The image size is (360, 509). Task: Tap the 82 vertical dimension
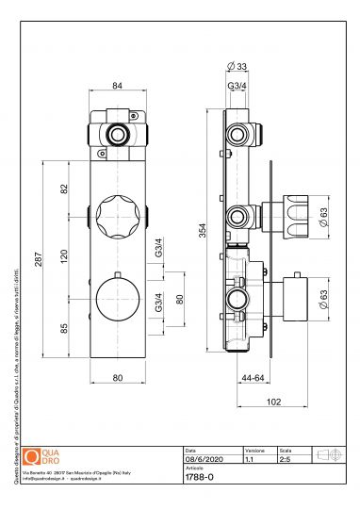(x=64, y=189)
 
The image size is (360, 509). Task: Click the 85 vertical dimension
(x=64, y=330)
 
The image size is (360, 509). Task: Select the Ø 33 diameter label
(x=237, y=65)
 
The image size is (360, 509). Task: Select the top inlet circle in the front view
(x=117, y=134)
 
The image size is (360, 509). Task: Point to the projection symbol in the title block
(x=329, y=453)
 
